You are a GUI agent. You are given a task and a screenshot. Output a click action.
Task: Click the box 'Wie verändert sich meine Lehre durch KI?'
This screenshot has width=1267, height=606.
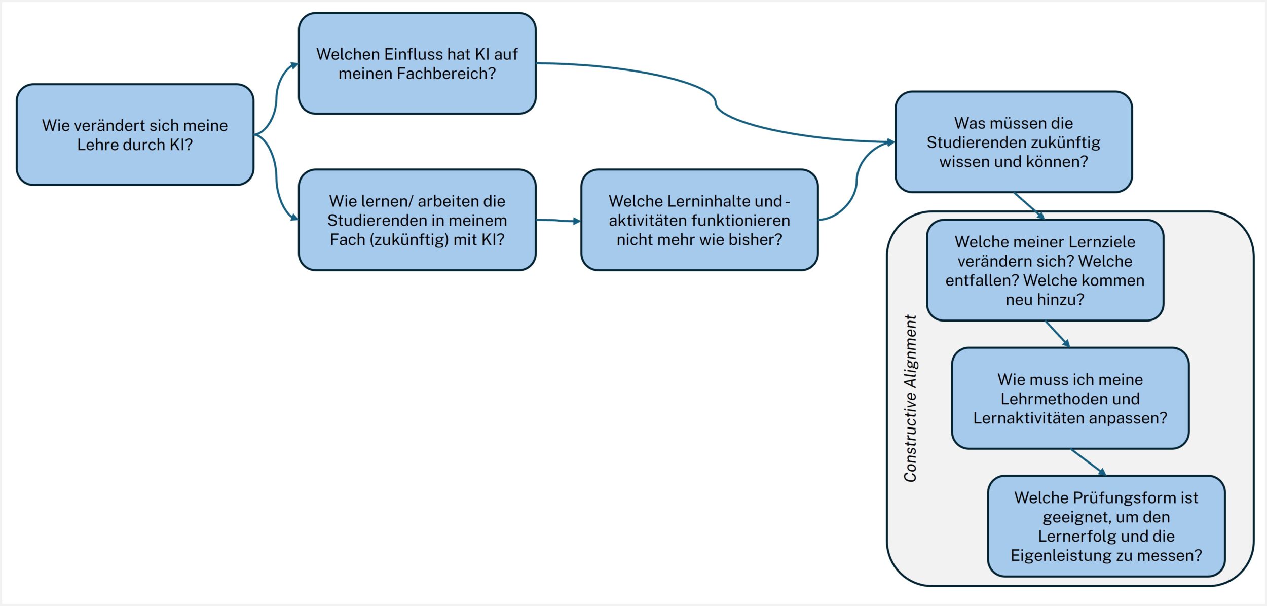[x=135, y=134]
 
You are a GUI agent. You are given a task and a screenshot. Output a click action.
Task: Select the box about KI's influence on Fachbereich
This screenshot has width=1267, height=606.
[x=417, y=63]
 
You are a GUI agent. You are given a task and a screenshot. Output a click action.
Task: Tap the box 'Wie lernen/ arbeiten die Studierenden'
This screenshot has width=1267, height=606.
[x=417, y=220]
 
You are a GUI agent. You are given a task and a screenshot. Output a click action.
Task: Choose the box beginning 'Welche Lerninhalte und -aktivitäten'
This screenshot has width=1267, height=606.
[x=699, y=220]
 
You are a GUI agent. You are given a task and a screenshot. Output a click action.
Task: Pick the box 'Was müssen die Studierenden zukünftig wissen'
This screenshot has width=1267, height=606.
[x=1014, y=142]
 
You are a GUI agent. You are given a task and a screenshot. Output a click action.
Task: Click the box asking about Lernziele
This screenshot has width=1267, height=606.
[x=1045, y=270]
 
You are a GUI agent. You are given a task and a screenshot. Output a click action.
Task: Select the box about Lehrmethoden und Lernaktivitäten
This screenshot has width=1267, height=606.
[x=1070, y=399]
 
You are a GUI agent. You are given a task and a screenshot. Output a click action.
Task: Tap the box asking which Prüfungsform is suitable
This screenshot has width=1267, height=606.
[x=1106, y=526]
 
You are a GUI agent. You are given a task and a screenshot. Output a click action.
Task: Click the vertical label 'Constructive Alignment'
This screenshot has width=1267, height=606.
[x=910, y=398]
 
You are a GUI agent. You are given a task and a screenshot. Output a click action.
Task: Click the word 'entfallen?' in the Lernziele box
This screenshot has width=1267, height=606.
[x=982, y=280]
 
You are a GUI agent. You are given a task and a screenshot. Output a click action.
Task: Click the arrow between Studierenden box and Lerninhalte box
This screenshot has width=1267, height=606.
[x=558, y=221]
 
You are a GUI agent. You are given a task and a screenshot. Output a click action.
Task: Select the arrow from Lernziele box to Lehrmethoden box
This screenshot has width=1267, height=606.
[x=1057, y=334]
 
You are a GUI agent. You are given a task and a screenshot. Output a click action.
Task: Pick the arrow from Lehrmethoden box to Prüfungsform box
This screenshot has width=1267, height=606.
[x=1088, y=462]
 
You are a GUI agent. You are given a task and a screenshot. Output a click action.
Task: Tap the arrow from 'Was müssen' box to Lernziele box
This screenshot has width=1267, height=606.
[x=1029, y=206]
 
